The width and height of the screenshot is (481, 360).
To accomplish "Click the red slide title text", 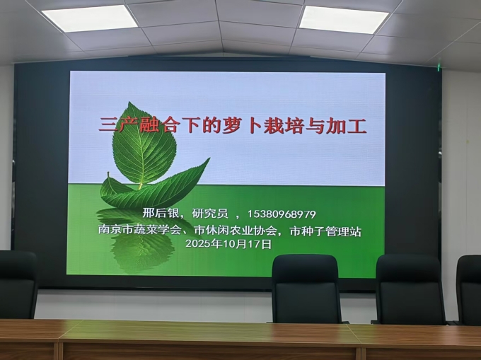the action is click(233, 125).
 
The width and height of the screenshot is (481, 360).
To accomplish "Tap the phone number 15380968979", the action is click(282, 214).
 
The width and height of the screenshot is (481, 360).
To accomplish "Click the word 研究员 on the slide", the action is click(210, 214).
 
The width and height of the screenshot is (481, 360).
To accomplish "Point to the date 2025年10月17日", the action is click(228, 244).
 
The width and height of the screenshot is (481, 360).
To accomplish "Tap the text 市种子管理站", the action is click(325, 231).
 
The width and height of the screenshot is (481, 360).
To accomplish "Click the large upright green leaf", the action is click(143, 144).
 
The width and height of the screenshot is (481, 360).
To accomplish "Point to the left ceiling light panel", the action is click(90, 18).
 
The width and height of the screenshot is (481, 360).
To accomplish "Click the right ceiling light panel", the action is click(344, 19).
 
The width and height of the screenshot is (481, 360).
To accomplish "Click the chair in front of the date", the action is click(307, 289).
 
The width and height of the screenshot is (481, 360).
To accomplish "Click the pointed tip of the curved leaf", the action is click(210, 158).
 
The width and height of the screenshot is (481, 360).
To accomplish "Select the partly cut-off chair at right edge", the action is click(469, 289).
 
